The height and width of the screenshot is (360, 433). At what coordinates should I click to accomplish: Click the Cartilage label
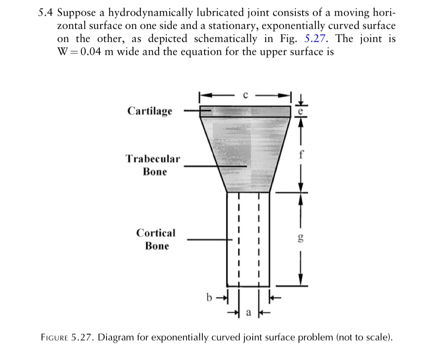(x=150, y=111)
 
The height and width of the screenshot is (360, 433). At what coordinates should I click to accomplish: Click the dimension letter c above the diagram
(x=245, y=95)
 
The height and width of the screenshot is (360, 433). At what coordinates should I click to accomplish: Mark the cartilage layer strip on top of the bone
(x=245, y=111)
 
